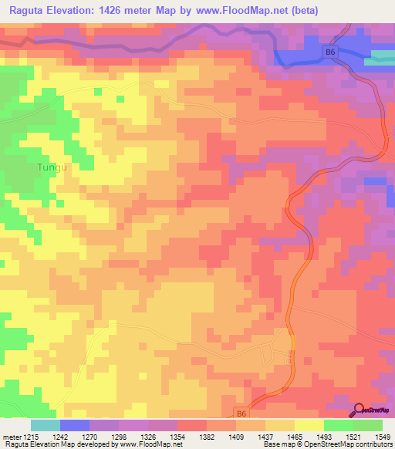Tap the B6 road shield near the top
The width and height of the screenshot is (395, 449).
tap(330, 52)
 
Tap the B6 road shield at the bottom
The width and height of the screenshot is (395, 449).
tap(241, 414)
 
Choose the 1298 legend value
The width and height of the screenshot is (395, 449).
tap(124, 437)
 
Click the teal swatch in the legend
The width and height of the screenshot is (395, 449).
tap(45, 425)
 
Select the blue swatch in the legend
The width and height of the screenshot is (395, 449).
tap(74, 425)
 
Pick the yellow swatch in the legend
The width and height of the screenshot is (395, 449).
tap(309, 425)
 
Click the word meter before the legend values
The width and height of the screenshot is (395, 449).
tap(12, 437)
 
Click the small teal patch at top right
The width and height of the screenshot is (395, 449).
tap(383, 56)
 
